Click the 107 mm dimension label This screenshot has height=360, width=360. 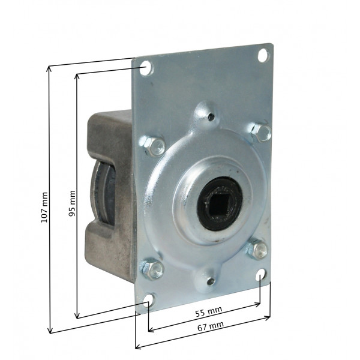coord(44,208)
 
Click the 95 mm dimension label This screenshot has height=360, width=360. coord(72,203)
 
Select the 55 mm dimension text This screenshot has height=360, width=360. coord(208,312)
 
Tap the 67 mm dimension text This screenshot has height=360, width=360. coord(211,326)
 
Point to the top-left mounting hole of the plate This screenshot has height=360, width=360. coord(146,68)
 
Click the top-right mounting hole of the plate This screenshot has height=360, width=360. coord(263,55)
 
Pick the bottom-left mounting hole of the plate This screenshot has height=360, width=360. coord(148,299)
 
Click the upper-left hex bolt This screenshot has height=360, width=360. coord(152,146)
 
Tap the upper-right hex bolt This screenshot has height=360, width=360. coord(261,133)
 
